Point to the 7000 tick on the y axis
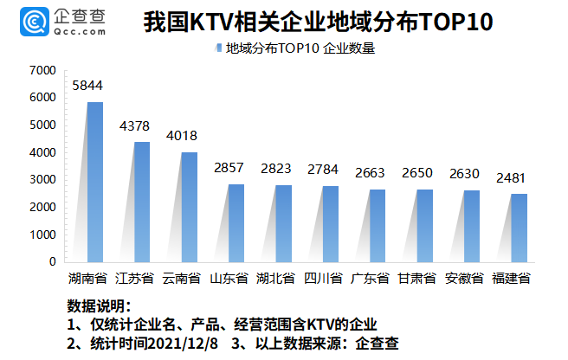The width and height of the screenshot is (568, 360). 42,70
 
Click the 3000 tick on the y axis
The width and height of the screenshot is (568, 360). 42,179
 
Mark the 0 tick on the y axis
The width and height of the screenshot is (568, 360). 52,261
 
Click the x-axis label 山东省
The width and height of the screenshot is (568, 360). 229,279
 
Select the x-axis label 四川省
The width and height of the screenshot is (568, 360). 323,279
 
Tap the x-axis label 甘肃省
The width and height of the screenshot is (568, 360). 416,279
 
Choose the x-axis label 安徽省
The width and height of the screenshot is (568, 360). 463,279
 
